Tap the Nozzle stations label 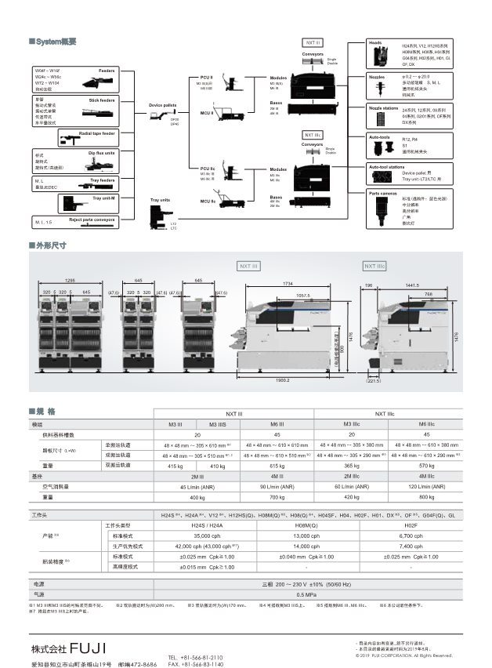pos(384,108)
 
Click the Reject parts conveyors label pos(92,220)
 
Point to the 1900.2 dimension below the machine pos(283,380)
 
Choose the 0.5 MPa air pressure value pos(284,595)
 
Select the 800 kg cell pos(426,496)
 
